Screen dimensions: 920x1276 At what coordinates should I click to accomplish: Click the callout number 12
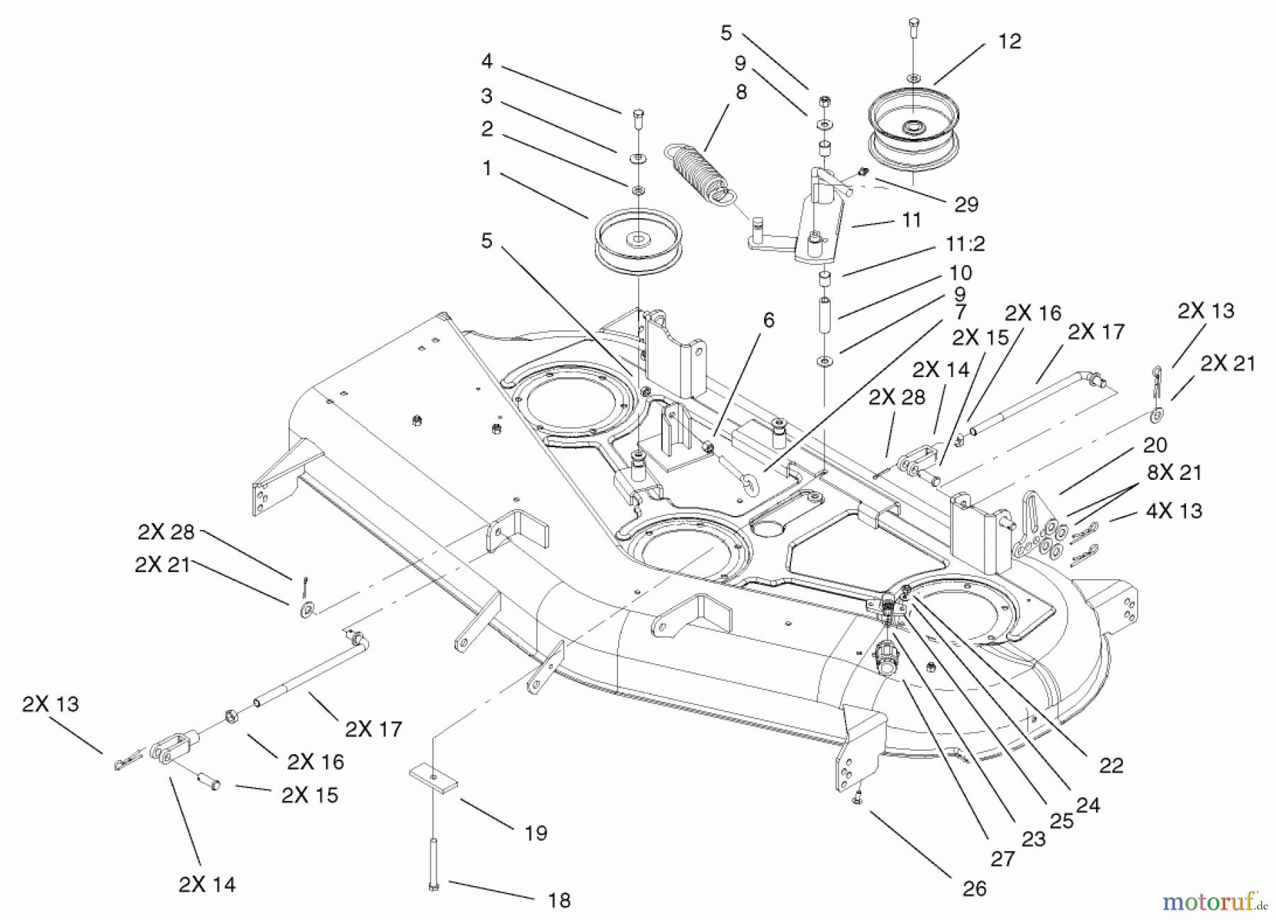pos(1009,42)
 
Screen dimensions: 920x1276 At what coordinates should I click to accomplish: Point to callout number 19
pos(536,833)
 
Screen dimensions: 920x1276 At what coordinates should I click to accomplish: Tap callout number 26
pos(975,889)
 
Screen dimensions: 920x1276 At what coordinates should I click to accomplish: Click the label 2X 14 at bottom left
pos(207,885)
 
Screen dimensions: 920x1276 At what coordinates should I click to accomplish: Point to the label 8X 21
pos(1175,473)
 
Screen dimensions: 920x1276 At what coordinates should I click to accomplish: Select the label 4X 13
pos(1174,510)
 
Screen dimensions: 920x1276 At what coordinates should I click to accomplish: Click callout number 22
pos(1112,765)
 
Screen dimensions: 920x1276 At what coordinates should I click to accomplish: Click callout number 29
pos(967,205)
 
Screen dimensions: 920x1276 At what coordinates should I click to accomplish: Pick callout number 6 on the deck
pos(768,320)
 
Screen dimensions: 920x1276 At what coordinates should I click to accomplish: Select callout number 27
pos(1002,858)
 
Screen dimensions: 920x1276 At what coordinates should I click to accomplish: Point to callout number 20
pos(1155,445)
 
